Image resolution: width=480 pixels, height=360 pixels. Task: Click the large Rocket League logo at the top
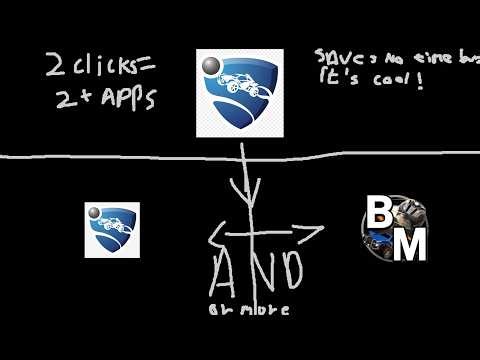(x=239, y=92)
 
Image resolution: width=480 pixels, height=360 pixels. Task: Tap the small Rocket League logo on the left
(x=111, y=230)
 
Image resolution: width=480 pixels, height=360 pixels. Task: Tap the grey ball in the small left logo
(x=96, y=214)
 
